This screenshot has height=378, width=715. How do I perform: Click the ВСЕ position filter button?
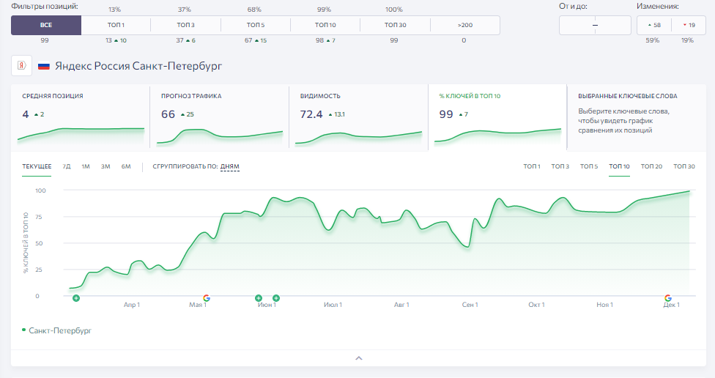46,25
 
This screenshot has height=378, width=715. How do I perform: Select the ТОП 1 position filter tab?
116,25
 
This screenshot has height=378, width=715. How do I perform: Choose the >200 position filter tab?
465,25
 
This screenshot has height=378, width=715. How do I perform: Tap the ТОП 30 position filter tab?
395,25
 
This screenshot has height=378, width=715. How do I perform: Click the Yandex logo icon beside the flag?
21,66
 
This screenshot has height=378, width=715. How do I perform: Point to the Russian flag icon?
44,66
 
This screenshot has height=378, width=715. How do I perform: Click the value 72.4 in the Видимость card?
311,114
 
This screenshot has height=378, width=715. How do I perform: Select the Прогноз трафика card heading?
191,96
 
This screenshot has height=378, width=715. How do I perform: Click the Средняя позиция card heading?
53,96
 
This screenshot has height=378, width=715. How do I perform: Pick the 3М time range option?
105,166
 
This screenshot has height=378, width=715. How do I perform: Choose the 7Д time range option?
67,166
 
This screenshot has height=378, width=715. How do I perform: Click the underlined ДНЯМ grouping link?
230,166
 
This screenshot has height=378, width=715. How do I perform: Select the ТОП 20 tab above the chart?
651,166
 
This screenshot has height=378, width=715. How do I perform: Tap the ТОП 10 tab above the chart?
619,166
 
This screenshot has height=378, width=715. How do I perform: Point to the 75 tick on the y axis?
38,217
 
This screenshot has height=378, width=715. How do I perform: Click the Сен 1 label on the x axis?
470,305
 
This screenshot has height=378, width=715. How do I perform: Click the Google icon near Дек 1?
668,298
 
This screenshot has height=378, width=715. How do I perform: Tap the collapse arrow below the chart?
359,358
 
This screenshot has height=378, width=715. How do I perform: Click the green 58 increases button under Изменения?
654,25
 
